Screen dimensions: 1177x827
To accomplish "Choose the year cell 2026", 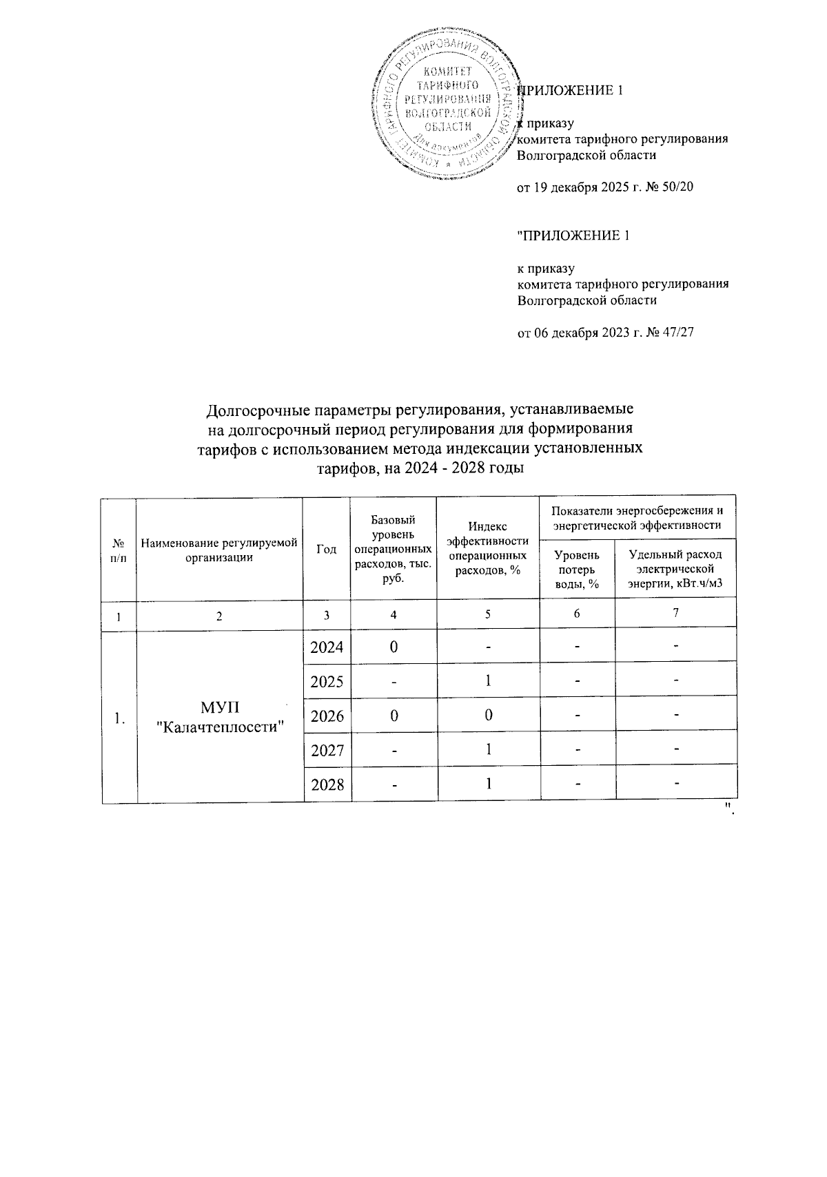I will (327, 716).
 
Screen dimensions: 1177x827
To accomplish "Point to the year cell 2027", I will (327, 750).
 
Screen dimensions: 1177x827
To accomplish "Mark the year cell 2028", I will (327, 784).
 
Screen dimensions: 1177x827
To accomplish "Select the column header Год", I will (327, 549).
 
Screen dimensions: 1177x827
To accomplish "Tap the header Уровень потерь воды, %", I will (576, 569).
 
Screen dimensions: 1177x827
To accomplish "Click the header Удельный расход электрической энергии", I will (675, 570).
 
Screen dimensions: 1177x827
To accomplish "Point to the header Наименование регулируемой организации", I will (219, 550).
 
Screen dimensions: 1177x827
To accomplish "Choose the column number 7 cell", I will (675, 613).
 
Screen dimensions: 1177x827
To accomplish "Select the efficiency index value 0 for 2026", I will (487, 716).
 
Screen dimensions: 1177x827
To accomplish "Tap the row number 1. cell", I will (119, 717).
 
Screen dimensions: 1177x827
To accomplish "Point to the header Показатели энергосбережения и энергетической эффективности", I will (637, 518).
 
